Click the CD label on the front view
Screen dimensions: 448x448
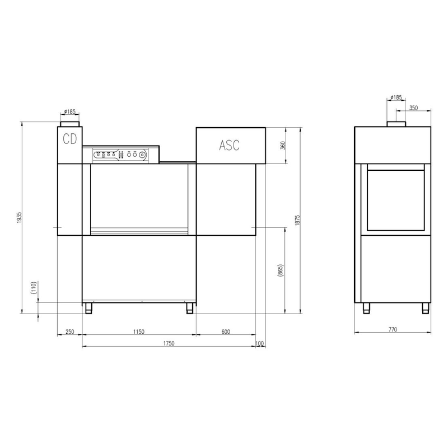tap(70, 139)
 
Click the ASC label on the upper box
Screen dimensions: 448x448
tap(229, 145)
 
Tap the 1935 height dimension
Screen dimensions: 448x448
tap(19, 218)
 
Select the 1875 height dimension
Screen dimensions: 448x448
tap(297, 221)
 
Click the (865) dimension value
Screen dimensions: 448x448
tap(281, 270)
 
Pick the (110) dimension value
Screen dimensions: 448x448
tap(34, 288)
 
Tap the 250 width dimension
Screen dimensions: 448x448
tap(69, 332)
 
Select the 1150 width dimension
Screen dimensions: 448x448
tap(138, 332)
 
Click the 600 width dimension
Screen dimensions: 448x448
tap(226, 332)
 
